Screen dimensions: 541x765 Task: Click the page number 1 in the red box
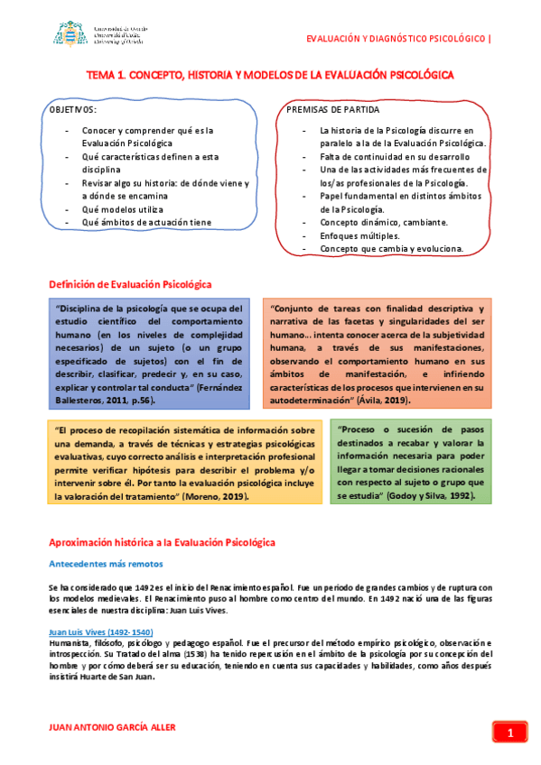(510, 733)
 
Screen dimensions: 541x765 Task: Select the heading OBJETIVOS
(71, 109)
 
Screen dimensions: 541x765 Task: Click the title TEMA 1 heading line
(269, 78)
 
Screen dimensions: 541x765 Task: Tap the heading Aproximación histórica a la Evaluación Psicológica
(163, 542)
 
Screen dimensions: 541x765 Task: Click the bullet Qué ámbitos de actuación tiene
(147, 222)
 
